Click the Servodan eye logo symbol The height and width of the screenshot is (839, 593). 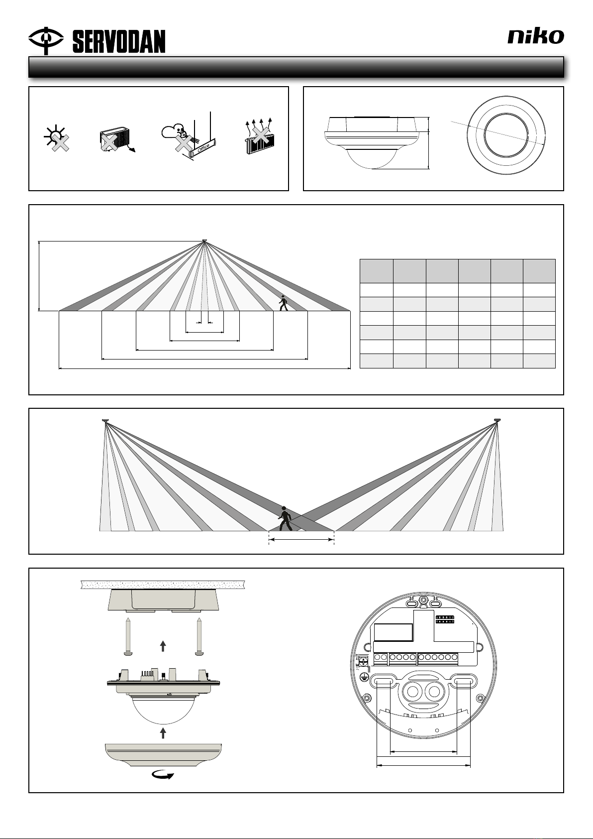[46, 39]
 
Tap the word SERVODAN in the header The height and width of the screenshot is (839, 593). [119, 42]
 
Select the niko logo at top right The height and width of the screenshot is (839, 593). [536, 36]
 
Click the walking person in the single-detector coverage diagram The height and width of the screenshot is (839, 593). [283, 303]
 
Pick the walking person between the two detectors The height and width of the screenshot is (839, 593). [284, 519]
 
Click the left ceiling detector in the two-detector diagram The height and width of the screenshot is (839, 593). [105, 421]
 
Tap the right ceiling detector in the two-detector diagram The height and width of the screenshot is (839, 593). [497, 421]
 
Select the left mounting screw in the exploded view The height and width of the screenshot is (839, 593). [128, 637]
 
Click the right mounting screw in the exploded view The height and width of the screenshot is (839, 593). [199, 637]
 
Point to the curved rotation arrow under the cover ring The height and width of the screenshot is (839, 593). [163, 775]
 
